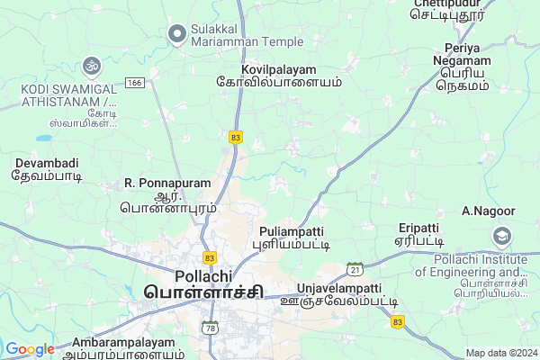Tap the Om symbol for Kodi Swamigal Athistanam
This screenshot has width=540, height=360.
click(x=90, y=65)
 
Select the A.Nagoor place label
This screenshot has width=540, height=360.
click(x=488, y=211)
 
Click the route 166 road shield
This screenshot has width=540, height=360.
click(x=136, y=83)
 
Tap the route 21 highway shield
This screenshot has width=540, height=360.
click(x=355, y=269)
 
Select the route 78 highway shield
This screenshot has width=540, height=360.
click(x=210, y=327)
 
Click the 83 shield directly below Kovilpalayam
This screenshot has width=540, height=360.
click(x=236, y=137)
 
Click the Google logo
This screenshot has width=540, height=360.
click(x=30, y=349)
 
